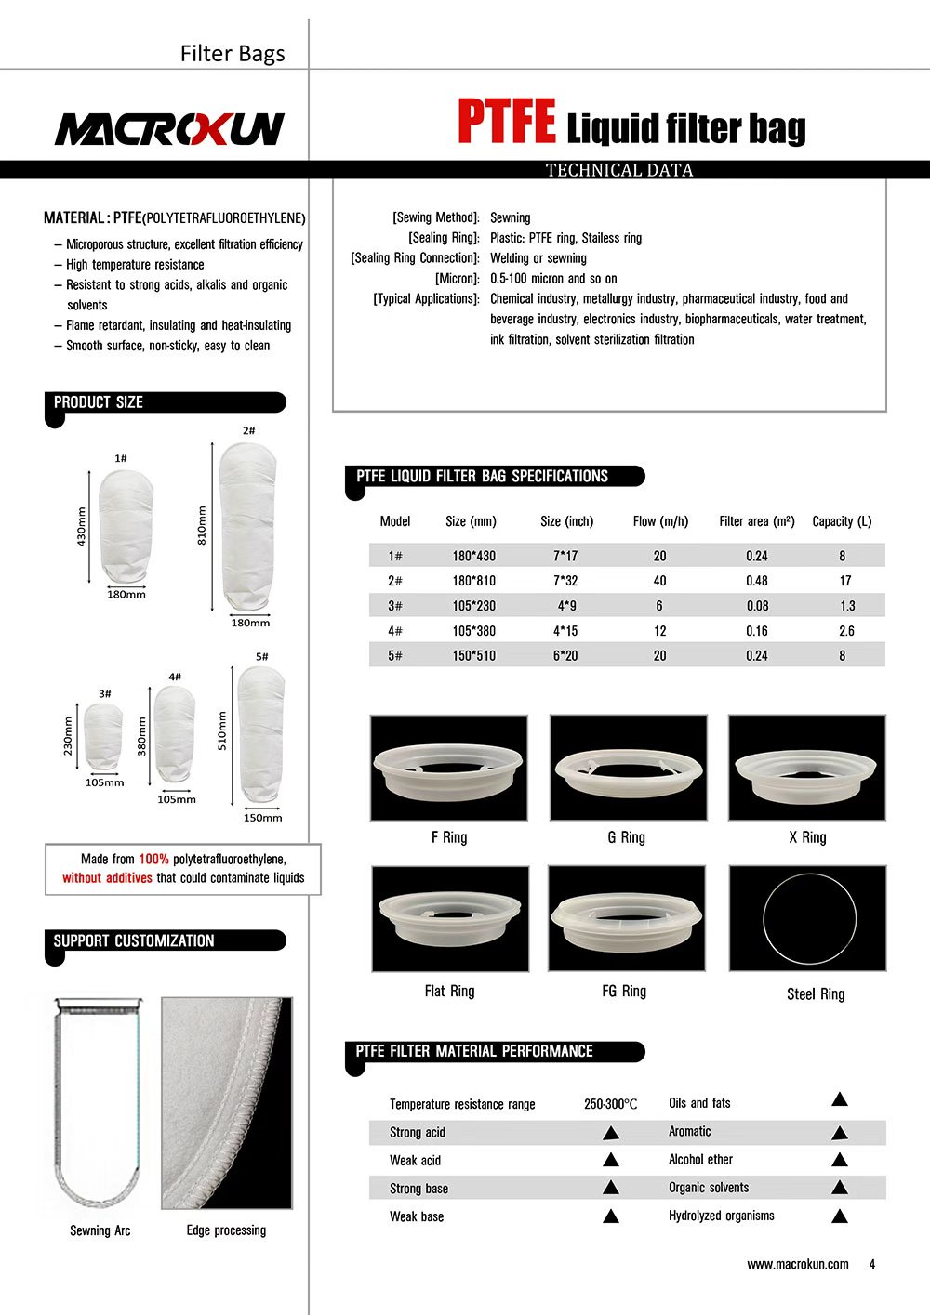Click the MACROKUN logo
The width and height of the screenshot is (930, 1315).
click(x=169, y=129)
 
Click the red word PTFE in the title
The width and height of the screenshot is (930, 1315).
click(x=506, y=124)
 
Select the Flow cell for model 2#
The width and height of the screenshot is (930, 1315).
click(x=659, y=581)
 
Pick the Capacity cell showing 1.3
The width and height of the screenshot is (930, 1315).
click(x=846, y=606)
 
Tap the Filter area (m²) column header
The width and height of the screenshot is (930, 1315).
click(x=756, y=521)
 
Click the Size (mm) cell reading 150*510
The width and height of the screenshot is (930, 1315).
click(x=473, y=656)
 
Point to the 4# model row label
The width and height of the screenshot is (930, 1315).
click(x=395, y=631)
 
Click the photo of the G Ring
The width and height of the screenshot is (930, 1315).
click(x=628, y=768)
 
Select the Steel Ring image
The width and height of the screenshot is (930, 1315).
click(x=807, y=918)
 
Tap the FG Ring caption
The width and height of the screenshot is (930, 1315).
click(x=624, y=992)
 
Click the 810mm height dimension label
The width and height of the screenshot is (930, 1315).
click(x=202, y=525)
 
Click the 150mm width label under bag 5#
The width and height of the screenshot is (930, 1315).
click(x=262, y=818)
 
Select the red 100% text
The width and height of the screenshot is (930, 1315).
click(x=153, y=860)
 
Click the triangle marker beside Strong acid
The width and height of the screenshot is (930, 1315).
click(x=611, y=1133)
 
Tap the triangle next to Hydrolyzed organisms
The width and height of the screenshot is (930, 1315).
click(x=839, y=1216)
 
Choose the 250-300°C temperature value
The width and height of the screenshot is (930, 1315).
click(x=610, y=1104)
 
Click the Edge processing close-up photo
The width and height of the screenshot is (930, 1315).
click(x=227, y=1103)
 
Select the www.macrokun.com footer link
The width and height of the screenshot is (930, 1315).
click(x=797, y=1264)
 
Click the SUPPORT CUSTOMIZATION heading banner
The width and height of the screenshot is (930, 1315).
click(x=165, y=940)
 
